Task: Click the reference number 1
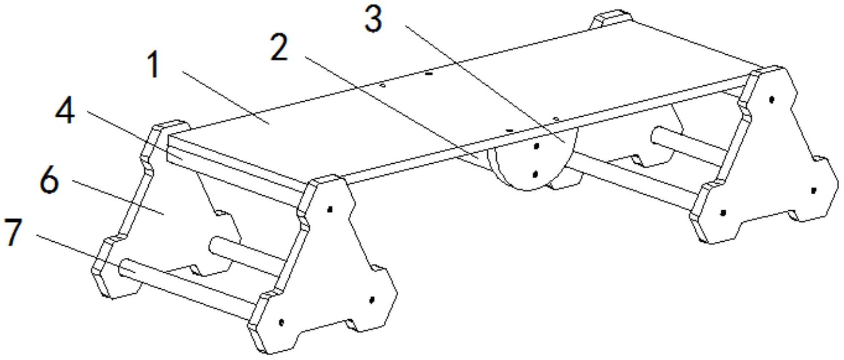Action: pyautogui.click(x=154, y=65)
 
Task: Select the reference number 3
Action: pyautogui.click(x=373, y=20)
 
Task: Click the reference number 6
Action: pyautogui.click(x=49, y=182)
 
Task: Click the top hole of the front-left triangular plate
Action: pyautogui.click(x=330, y=209)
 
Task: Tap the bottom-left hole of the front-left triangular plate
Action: pyautogui.click(x=281, y=322)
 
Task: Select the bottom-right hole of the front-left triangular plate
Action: pyautogui.click(x=372, y=300)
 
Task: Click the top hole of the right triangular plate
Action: pyautogui.click(x=772, y=100)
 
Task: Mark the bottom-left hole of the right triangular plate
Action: pyautogui.click(x=723, y=212)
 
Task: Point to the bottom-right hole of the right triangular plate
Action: pyautogui.click(x=813, y=190)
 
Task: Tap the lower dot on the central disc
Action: pyautogui.click(x=535, y=174)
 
